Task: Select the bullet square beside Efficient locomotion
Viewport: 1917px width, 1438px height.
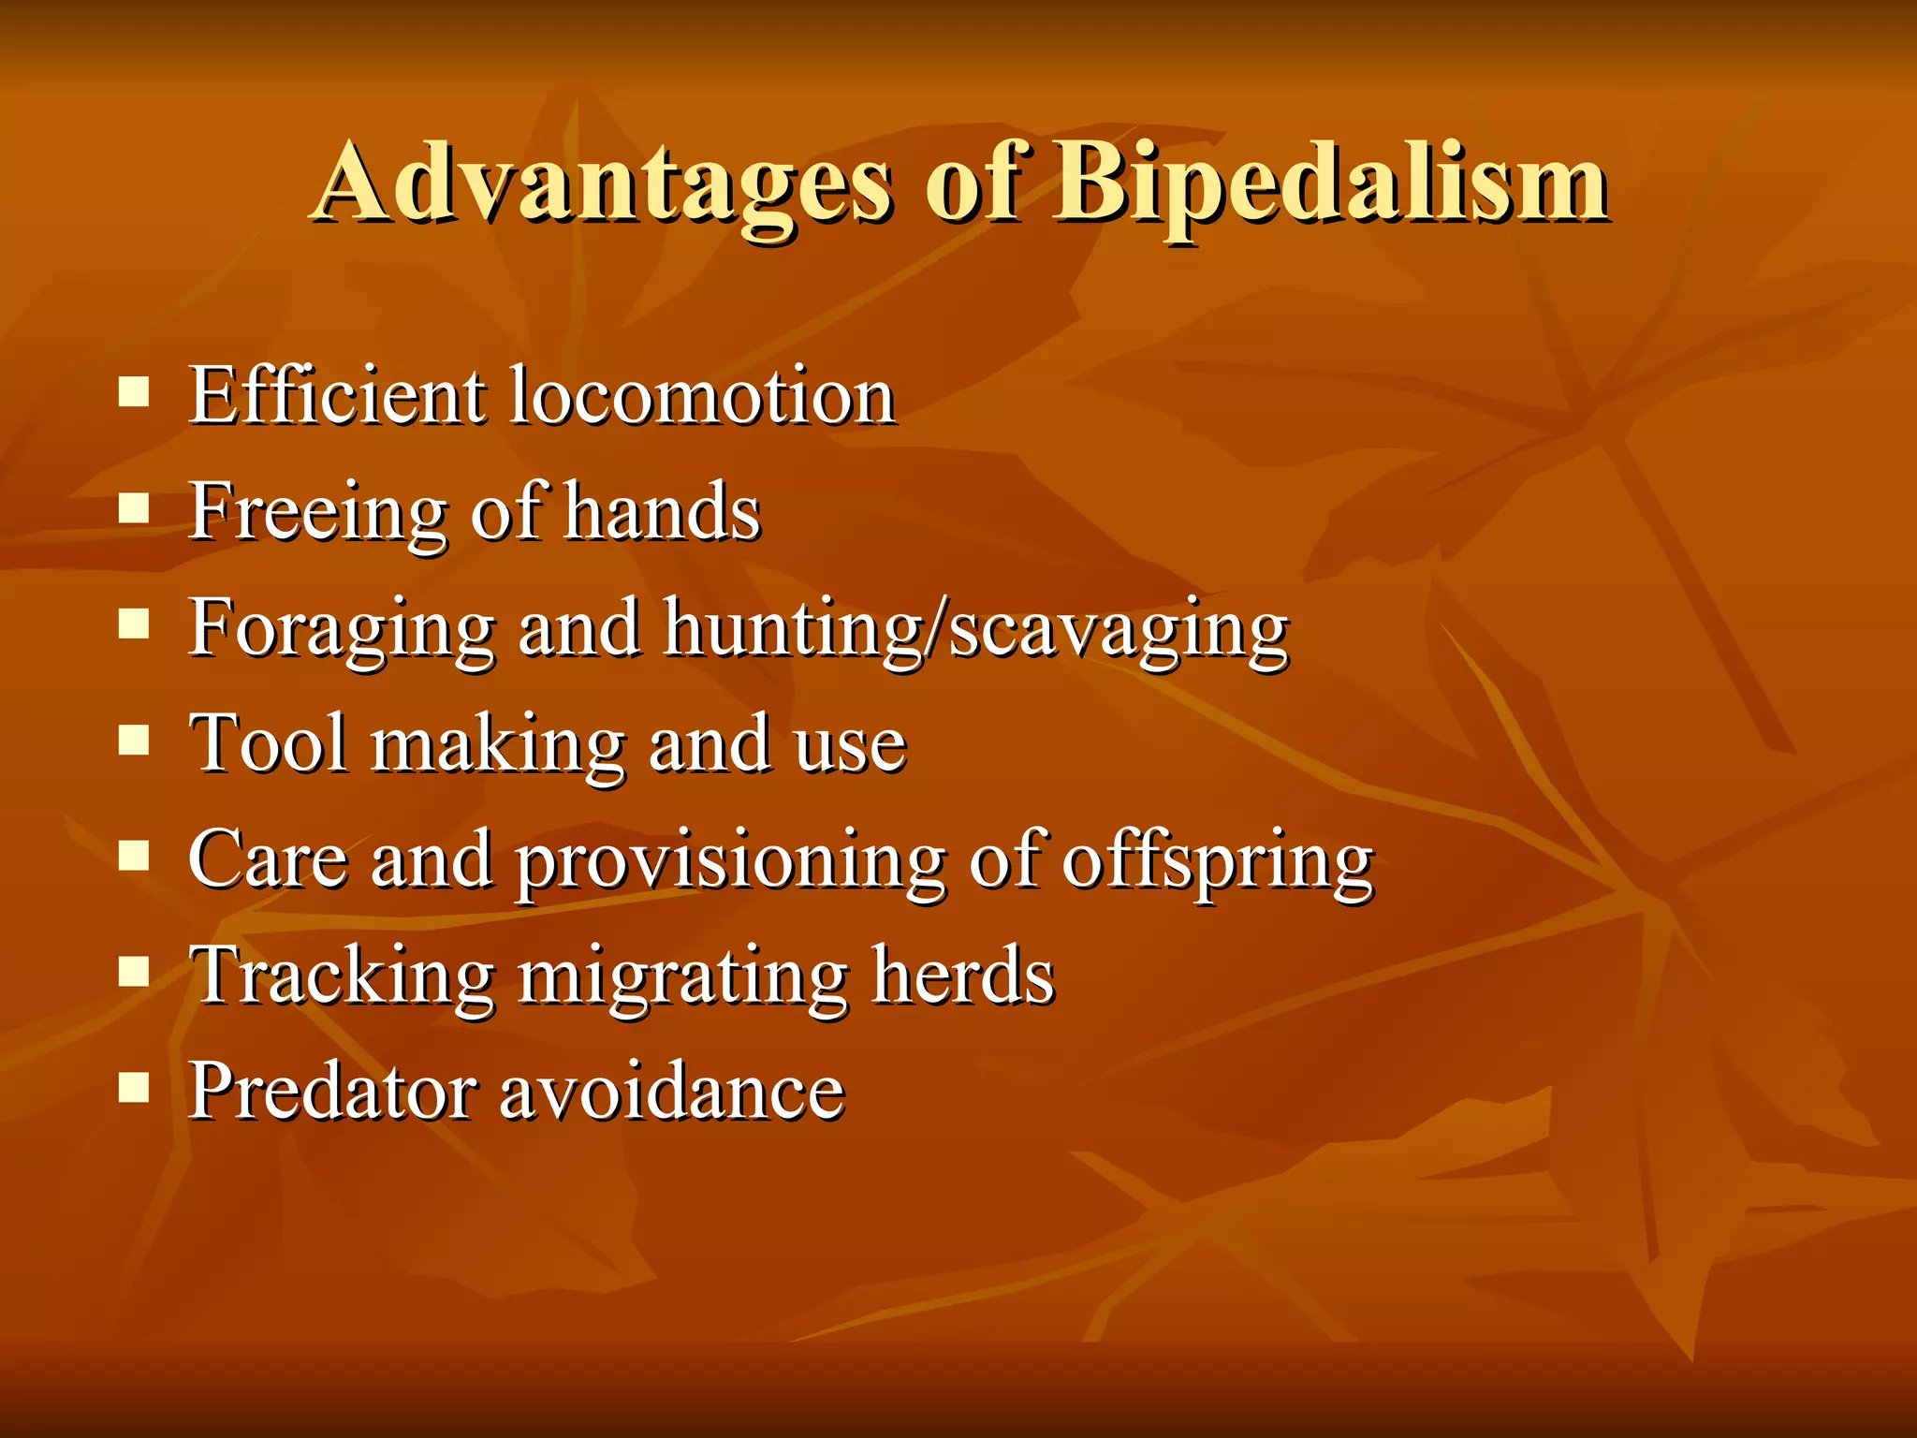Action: [x=135, y=392]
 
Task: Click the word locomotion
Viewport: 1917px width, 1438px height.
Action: [x=703, y=397]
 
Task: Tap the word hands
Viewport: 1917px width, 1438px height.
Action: [x=663, y=512]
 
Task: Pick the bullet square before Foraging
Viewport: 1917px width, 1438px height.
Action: [x=135, y=624]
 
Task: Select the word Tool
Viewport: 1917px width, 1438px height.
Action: [x=268, y=744]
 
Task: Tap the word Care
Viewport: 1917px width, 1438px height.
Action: [x=268, y=859]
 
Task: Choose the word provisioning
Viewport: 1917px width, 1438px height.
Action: [x=731, y=863]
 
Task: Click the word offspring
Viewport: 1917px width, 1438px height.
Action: [x=1217, y=863]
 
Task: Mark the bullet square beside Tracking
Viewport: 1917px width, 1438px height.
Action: [x=135, y=973]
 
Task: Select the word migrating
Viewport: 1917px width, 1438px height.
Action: [x=682, y=978]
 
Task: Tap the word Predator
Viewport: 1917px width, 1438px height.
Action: [x=332, y=1092]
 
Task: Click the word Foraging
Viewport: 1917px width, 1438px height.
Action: [x=342, y=629]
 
